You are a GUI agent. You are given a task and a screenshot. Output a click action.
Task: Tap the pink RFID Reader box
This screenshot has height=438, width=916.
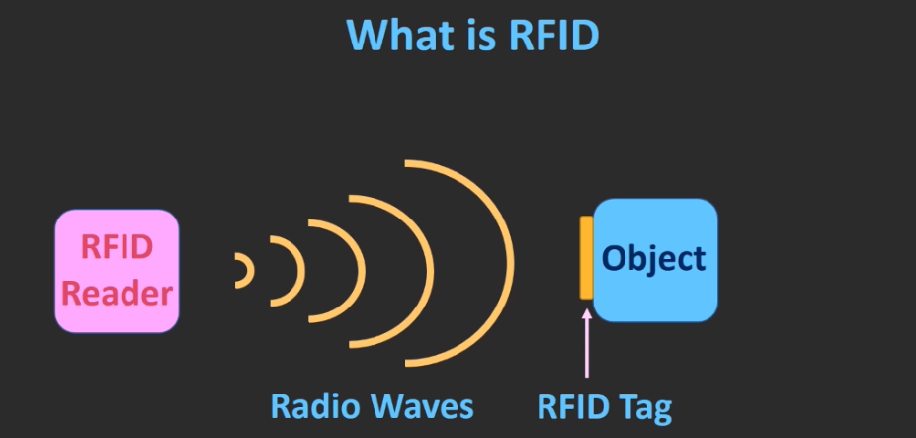(117, 270)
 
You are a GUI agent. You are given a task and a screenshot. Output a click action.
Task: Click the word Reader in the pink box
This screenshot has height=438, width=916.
(117, 293)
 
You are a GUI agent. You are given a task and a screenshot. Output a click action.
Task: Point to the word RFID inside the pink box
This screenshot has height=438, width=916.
(117, 248)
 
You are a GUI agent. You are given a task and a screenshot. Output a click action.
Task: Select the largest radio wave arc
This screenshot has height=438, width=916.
(509, 262)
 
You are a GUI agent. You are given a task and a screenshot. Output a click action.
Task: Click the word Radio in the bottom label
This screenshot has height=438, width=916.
(317, 406)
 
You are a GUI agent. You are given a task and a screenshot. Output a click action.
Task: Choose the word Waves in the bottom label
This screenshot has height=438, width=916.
(422, 406)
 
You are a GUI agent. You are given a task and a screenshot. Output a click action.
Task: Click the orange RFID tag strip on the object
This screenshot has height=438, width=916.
(586, 257)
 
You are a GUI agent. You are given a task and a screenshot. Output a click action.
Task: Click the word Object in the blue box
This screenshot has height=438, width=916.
(654, 259)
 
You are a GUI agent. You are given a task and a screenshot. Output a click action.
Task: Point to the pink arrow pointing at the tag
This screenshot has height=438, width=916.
(587, 346)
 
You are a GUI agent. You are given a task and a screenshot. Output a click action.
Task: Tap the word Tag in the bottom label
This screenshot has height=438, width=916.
(648, 406)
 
